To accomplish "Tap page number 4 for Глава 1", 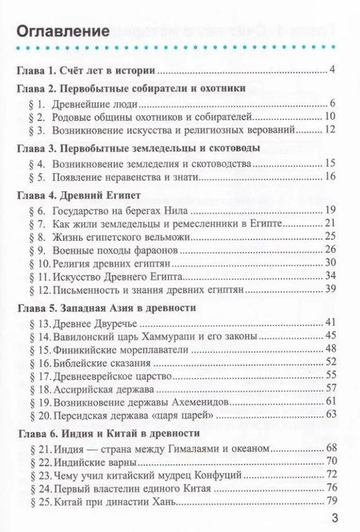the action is [x=330, y=70].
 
